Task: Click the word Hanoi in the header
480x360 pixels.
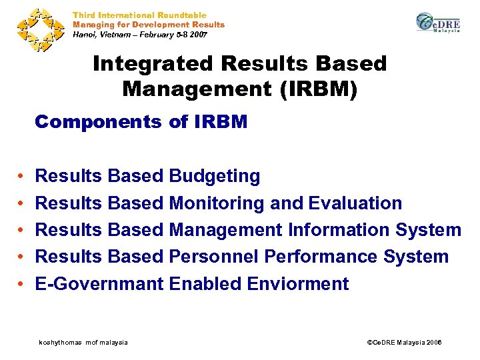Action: (85, 34)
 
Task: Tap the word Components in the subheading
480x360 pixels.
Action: (97, 122)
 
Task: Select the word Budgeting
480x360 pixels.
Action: (215, 177)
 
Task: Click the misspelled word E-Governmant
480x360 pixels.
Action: (99, 283)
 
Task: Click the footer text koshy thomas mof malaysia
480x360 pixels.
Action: (83, 342)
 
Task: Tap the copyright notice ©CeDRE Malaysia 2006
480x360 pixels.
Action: (405, 342)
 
